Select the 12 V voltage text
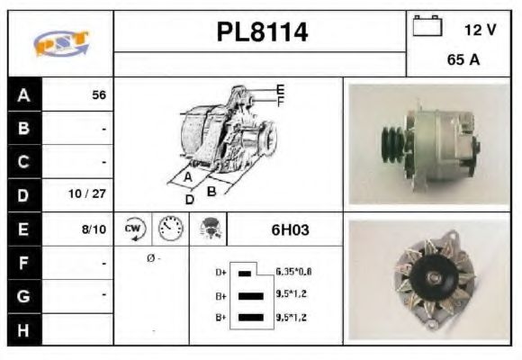tap(480, 30)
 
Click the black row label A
tap(23, 95)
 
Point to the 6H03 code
tap(290, 229)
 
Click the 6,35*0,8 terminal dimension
tap(293, 271)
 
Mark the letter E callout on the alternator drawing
tap(280, 89)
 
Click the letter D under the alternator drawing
tap(190, 199)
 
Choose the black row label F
tap(23, 263)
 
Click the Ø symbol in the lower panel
tap(149, 259)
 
